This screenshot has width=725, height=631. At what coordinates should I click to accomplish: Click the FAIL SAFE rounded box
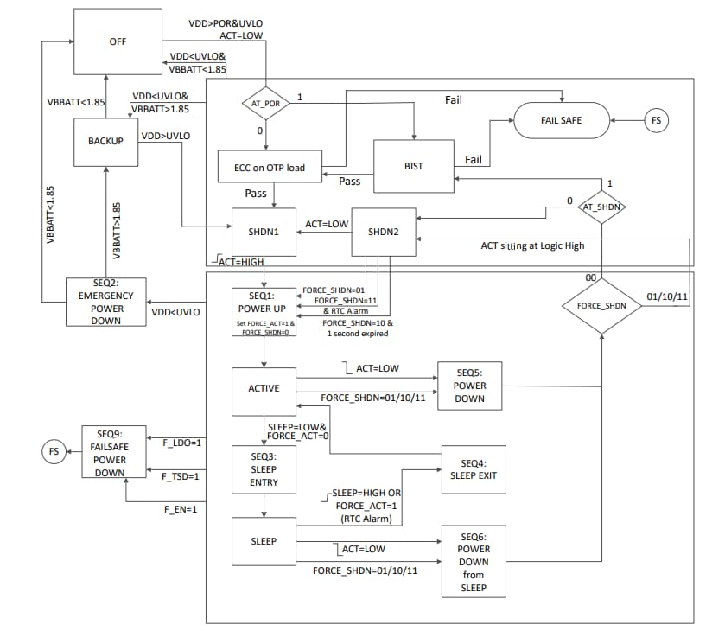tap(562, 120)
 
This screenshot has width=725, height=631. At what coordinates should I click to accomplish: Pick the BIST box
tap(413, 166)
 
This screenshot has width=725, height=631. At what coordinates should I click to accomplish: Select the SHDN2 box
tap(383, 232)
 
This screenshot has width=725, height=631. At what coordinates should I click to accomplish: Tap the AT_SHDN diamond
tap(601, 207)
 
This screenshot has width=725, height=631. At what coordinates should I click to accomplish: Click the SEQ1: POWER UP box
tap(264, 310)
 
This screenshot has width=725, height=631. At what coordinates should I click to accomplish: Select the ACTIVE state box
tap(264, 388)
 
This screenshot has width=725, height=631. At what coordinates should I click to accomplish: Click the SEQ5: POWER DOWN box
tap(469, 386)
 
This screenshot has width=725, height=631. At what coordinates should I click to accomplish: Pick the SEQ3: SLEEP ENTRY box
tap(264, 469)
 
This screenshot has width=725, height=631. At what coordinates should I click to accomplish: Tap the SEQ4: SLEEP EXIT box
tap(474, 468)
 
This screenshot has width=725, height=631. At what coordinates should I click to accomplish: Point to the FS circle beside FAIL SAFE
tap(656, 120)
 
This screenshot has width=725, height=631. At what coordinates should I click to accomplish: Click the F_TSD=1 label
tap(181, 476)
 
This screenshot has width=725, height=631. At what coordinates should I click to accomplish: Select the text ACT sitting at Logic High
tap(532, 246)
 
